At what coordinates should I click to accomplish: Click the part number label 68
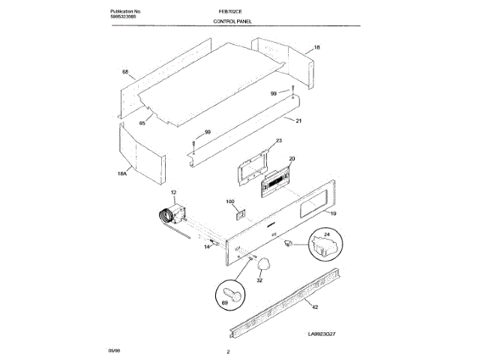[125, 72]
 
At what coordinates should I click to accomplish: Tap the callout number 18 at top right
[316, 47]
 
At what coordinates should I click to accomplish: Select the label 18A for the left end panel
[123, 174]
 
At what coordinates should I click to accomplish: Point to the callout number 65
[142, 123]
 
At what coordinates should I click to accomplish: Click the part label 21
[298, 121]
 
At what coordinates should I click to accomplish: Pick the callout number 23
[278, 141]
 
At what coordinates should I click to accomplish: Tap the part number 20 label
[292, 158]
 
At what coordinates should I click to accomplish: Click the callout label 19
[333, 214]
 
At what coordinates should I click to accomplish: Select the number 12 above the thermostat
[173, 193]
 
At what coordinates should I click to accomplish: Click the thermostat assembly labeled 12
[173, 217]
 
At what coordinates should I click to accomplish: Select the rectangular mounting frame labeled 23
[253, 165]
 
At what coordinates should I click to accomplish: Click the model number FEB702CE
[227, 13]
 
